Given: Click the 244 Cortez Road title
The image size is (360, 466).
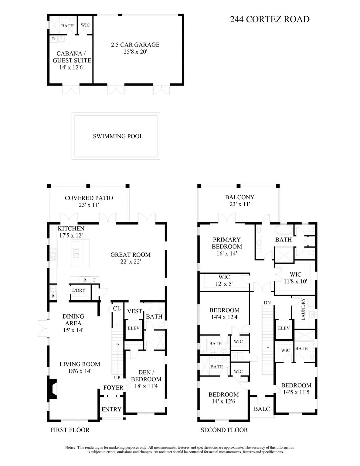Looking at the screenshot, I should point(270,19).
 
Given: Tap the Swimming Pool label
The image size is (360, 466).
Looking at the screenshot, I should point(118,136).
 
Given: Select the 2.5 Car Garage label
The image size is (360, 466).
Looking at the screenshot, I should point(135,45).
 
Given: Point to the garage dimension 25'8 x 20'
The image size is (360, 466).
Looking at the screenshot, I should point(135,52).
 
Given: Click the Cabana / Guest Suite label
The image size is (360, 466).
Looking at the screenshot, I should point(72,57).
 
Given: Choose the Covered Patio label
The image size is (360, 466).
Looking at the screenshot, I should point(89,198).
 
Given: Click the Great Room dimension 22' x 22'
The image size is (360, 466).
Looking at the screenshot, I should point(130,262).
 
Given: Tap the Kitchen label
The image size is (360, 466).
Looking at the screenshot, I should point(71,228).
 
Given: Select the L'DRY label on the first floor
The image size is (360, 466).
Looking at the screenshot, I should point(79,290).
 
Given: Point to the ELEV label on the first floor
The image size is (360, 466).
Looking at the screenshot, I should point(134,328).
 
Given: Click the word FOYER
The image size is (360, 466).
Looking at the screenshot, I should point(113,388).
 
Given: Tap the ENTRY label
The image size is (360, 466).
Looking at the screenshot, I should point(111,409).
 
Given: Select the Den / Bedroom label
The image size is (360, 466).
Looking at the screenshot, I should point(146,376).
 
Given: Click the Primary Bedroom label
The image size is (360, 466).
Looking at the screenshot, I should point(227,243).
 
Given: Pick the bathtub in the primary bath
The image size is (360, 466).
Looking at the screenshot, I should point(284,229).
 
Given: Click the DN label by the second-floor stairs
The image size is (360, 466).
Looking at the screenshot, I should point(267,303).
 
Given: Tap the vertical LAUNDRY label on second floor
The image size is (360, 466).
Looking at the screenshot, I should point(303,309).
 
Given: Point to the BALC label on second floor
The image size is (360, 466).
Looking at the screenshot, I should point(262,409).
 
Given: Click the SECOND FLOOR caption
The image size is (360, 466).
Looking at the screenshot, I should point(224,430).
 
